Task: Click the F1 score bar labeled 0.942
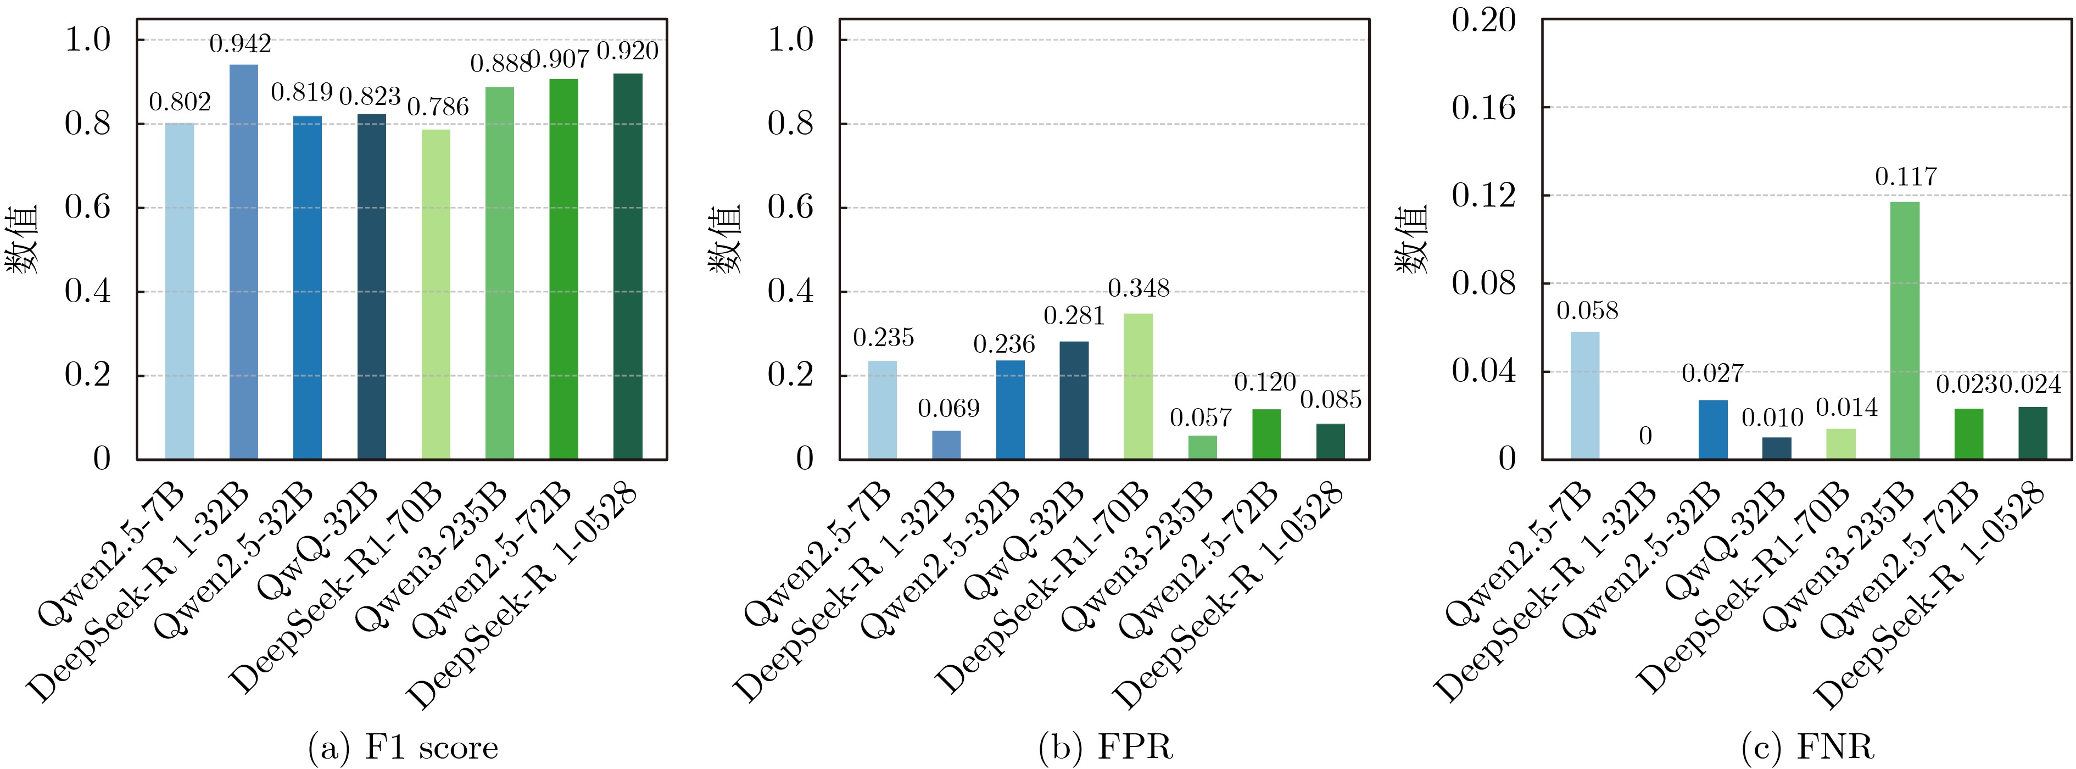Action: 243,262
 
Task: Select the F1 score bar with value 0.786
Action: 436,294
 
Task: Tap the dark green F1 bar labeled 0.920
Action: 628,266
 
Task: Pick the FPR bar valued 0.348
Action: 1138,386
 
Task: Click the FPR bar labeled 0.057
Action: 1202,447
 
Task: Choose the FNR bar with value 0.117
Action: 1905,331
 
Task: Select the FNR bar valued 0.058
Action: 1585,395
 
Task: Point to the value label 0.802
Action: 180,102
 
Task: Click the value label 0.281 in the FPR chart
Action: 1074,316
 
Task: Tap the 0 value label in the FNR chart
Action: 1645,436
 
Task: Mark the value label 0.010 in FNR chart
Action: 1772,417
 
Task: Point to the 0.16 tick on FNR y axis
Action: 1483,107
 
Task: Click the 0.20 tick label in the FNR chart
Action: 1483,20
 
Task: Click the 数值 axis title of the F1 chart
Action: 24,239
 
